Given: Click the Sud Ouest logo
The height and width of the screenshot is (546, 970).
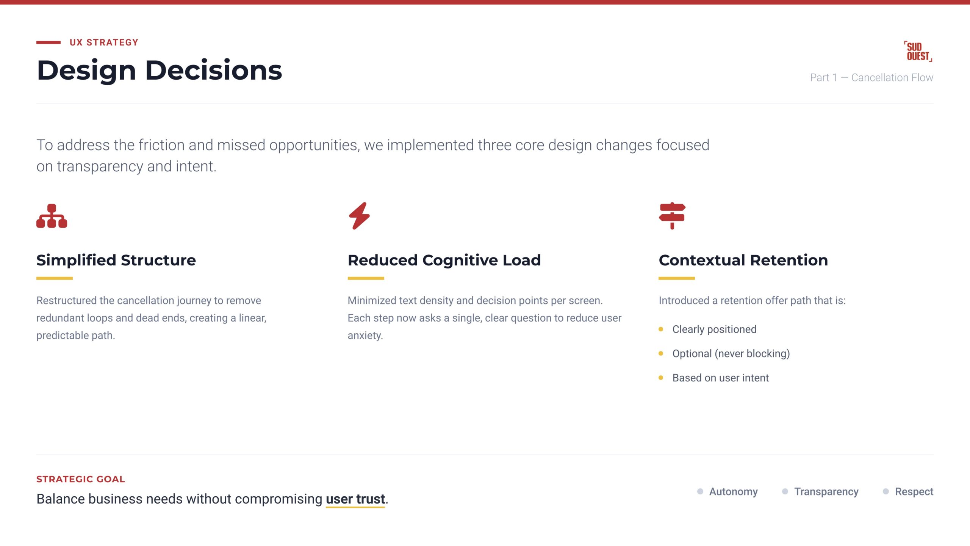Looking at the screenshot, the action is pos(918,51).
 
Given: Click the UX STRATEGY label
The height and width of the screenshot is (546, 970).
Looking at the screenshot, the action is pos(104,42).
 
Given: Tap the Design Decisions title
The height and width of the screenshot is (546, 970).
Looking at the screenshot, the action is pos(160,71).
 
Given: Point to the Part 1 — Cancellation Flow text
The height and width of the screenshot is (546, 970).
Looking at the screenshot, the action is pos(871,77).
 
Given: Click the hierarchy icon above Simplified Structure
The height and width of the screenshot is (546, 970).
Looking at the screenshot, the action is pos(52,216).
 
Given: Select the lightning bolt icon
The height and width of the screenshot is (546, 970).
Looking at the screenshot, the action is pos(359,216).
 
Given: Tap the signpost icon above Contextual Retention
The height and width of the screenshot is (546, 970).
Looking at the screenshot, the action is pos(672,216).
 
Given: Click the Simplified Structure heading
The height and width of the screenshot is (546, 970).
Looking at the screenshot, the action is pos(116,260).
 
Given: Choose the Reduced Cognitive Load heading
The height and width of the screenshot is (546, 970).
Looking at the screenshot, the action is pos(444,260).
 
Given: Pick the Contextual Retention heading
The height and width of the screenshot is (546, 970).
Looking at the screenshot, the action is pos(743,260).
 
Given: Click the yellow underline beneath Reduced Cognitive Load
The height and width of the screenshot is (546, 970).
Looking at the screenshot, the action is pos(366,278).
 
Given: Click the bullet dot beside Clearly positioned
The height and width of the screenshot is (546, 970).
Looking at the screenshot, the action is pos(661,329).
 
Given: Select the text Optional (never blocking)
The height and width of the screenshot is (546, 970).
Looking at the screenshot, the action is pos(731,353).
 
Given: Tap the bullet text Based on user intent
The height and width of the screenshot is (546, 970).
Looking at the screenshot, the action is pos(720,378).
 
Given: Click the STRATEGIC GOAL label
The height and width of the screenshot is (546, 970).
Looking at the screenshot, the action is pos(81,479).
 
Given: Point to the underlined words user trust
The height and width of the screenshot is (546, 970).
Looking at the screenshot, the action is pos(355,499).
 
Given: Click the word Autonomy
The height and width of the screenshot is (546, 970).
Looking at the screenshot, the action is pos(733,492).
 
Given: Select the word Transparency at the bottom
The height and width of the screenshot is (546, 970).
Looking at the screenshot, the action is pos(826,492).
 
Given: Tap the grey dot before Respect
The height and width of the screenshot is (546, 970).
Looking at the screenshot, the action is pos(886,491).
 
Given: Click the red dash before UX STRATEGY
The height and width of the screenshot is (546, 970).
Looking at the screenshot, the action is pos(48,42).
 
